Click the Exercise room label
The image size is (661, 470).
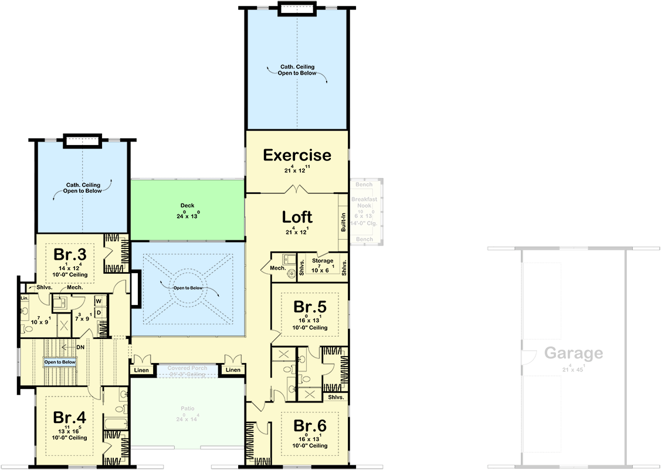(297, 155)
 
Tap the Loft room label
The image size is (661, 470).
(297, 216)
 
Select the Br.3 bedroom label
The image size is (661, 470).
(70, 254)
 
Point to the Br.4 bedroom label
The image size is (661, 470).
(70, 417)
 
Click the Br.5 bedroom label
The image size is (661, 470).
(309, 307)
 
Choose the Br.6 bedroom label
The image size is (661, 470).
(309, 425)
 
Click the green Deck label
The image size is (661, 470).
(187, 206)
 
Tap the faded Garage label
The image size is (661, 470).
(573, 353)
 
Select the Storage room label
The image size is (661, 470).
(323, 261)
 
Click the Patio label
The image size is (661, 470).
(187, 408)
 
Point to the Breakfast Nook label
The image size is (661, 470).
(364, 203)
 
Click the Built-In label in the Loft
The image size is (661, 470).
(343, 223)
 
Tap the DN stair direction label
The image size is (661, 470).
(80, 347)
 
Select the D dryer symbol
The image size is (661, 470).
(99, 312)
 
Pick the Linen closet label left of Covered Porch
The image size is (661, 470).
(141, 370)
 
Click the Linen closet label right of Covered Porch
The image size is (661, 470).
(233, 370)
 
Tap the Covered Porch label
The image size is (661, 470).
(187, 368)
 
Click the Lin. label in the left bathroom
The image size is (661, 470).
(24, 298)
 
